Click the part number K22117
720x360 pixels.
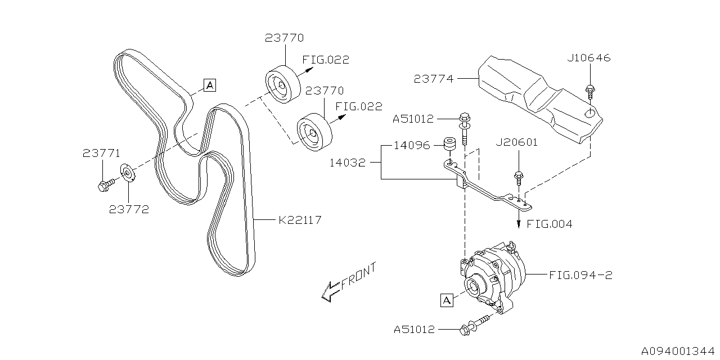[300, 220]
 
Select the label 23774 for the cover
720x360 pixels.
[433, 79]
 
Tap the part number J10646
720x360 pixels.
[588, 58]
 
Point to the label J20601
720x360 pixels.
[517, 142]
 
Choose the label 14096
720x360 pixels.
[412, 145]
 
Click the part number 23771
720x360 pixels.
[102, 152]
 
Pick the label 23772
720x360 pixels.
[129, 209]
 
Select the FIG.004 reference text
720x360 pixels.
[550, 224]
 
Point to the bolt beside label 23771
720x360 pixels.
[106, 184]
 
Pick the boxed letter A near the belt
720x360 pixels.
[209, 85]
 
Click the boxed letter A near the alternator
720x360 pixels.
[447, 301]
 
